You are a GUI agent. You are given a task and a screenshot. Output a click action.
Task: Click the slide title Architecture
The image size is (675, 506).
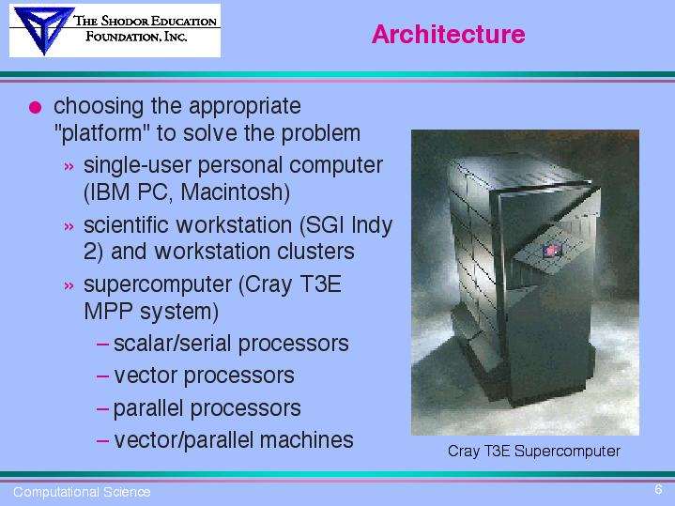tap(448, 34)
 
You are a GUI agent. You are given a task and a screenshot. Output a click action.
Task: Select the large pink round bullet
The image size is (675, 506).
tap(36, 107)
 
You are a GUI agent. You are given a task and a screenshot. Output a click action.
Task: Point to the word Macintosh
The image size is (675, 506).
tap(235, 192)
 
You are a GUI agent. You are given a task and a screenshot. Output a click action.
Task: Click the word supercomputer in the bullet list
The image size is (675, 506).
tap(158, 285)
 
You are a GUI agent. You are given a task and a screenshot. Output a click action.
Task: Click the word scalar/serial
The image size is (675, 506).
tap(172, 344)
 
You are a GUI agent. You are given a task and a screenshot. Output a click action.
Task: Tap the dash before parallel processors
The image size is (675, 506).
tap(102, 408)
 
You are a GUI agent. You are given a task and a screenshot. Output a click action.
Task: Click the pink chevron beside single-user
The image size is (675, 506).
tap(69, 167)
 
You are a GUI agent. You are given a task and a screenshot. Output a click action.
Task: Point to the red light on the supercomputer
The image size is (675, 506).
tap(551, 251)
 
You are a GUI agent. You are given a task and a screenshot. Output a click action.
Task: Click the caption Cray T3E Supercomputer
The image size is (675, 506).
tap(534, 451)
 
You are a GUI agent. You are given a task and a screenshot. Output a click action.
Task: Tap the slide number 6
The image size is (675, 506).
tap(658, 489)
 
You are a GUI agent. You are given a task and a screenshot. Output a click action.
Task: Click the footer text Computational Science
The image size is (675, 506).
tap(82, 492)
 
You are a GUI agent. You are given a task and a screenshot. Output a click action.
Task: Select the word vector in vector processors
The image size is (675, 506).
tap(146, 376)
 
